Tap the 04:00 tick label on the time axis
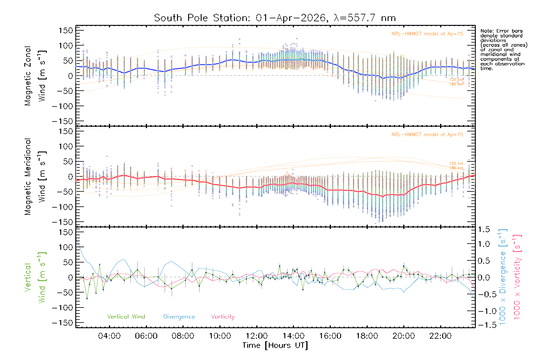coord(109,336)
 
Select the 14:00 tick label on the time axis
coord(293,336)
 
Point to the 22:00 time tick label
coord(440,336)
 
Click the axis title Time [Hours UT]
coord(275,345)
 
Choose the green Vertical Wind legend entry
coord(126,317)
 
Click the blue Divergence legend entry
coord(179,317)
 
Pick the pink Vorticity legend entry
coord(223,317)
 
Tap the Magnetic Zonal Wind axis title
coord(34,76)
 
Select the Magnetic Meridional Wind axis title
coord(34,177)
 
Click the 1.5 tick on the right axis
coord(484,229)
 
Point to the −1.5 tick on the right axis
coord(484,325)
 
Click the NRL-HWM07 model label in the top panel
coord(427,34)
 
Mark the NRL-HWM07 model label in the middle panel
coord(427,135)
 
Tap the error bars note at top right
coord(504,49)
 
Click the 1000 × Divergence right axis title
coord(503,277)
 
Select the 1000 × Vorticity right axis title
coord(517,277)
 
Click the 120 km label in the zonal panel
coord(456,80)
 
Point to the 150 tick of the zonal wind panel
coord(66,31)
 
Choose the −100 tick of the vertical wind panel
coord(63,308)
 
